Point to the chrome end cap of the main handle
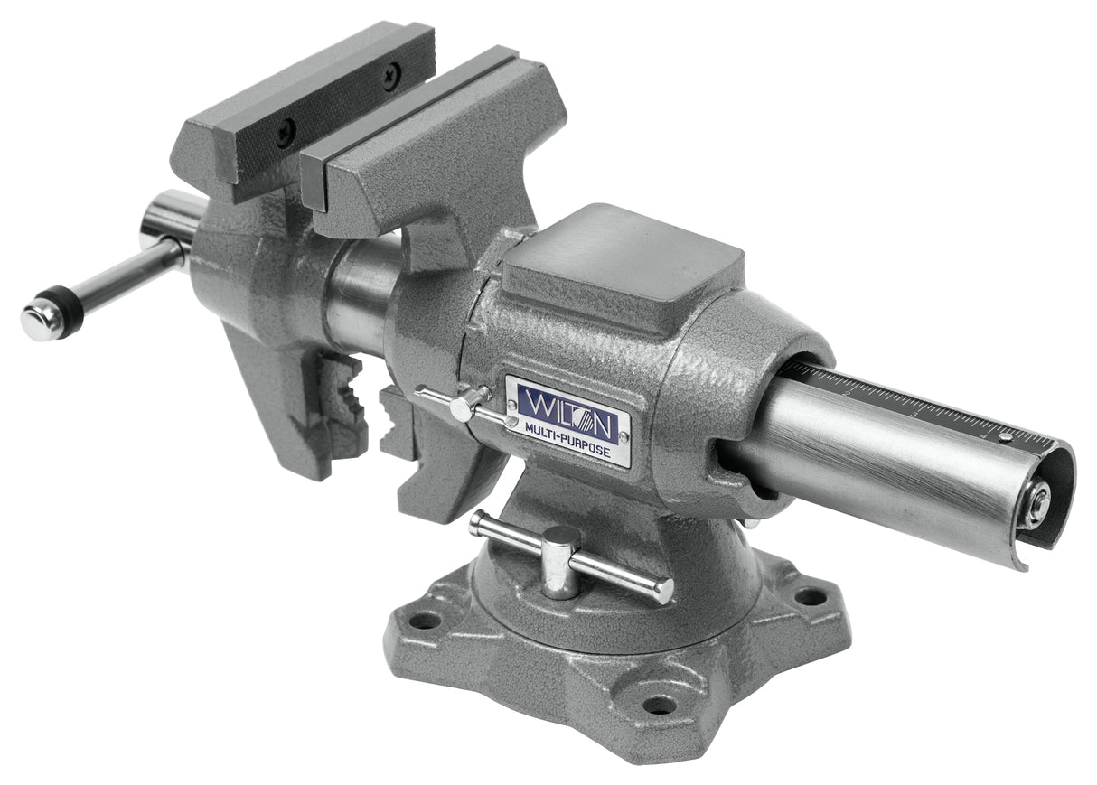[x=39, y=321]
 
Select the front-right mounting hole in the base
[x=660, y=704]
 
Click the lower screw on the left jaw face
[x=286, y=133]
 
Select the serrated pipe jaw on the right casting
[x=398, y=425]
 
